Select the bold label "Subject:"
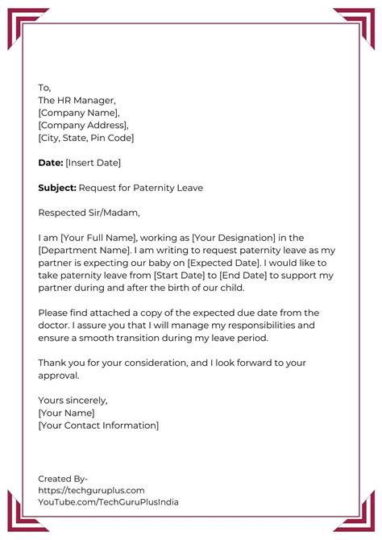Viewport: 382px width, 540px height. (57, 188)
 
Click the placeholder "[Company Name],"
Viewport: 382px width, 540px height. (78, 113)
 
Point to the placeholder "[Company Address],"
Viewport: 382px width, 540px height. (83, 125)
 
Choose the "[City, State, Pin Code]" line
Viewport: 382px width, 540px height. (86, 138)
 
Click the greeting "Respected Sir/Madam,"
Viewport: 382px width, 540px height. (89, 213)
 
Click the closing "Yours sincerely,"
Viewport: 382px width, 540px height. (73, 400)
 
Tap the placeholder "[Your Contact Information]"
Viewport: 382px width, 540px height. (98, 425)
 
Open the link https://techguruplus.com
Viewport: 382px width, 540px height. (91, 490)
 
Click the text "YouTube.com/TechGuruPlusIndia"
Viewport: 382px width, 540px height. (108, 502)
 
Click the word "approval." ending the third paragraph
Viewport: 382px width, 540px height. (60, 375)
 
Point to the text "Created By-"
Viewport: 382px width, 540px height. (63, 478)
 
